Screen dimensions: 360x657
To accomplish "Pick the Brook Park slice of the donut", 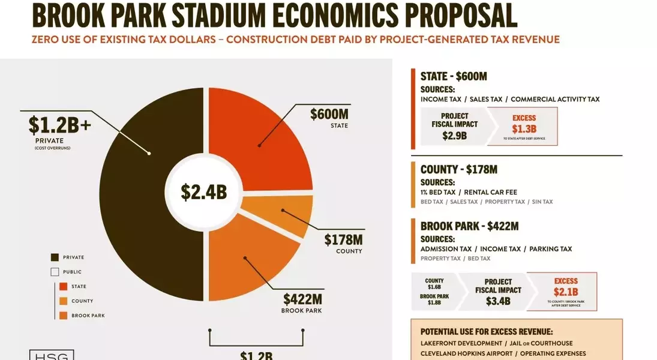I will click(252, 258).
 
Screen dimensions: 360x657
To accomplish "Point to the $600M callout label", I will click(329, 115).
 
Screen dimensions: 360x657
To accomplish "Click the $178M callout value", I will click(343, 240).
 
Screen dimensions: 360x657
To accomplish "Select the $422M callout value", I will click(302, 299).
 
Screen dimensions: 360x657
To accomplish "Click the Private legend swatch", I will click(55, 257).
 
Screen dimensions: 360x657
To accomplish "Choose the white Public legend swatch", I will click(55, 272).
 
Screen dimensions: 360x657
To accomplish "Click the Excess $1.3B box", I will click(524, 126).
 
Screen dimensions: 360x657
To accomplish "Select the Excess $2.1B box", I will click(565, 292).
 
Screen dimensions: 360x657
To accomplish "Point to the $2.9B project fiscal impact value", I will click(454, 136).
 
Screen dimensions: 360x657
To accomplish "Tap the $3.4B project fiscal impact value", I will click(498, 301).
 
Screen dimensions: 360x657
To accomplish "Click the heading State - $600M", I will click(454, 76).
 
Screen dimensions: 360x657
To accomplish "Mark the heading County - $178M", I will click(459, 170).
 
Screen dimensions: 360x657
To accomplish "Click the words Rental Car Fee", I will click(491, 192).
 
